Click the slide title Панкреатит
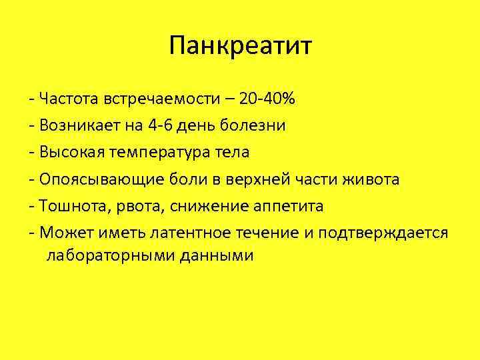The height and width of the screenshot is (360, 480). coord(240,46)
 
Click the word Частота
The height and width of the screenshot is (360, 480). coord(69,100)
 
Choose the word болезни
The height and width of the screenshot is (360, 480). coord(255,126)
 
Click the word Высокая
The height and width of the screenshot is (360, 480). coord(70,152)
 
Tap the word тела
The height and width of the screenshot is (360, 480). coord(232,152)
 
